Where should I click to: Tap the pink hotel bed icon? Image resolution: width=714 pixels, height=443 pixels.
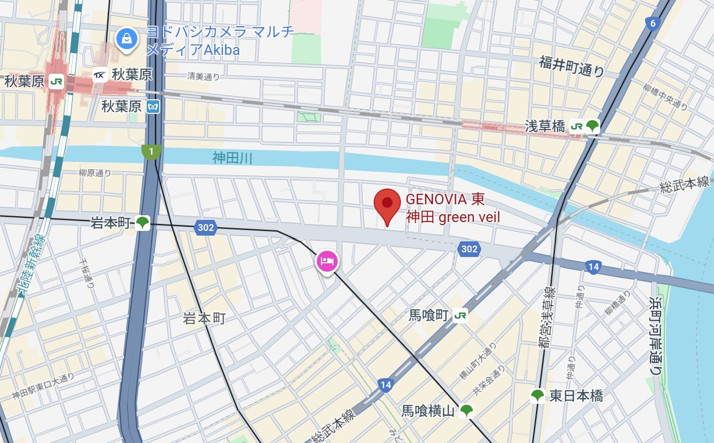coord(327,260)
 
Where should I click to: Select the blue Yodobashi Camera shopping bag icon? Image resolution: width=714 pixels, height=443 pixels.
coord(126,38)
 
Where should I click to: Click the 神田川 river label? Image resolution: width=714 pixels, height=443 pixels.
coord(232,157)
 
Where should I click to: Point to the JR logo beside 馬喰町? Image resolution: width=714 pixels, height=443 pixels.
coord(460,315)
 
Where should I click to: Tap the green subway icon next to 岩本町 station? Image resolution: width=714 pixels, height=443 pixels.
coord(142,223)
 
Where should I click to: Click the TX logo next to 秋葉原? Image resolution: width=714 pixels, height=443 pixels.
coord(100,75)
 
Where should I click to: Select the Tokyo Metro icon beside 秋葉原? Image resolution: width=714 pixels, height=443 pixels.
coord(153,107)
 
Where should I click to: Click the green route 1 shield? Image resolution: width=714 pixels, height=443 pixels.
coord(151,152)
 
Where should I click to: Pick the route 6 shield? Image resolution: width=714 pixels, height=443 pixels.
coord(652,23)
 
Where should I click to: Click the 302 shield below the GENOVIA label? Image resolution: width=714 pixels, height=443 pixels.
coord(469,249)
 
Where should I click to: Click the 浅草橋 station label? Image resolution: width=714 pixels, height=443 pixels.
coord(544,126)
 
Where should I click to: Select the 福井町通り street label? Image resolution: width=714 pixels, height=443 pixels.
coord(572,66)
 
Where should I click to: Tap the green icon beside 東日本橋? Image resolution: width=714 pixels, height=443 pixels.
coord(537,396)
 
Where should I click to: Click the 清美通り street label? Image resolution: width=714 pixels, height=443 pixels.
coord(204,77)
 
